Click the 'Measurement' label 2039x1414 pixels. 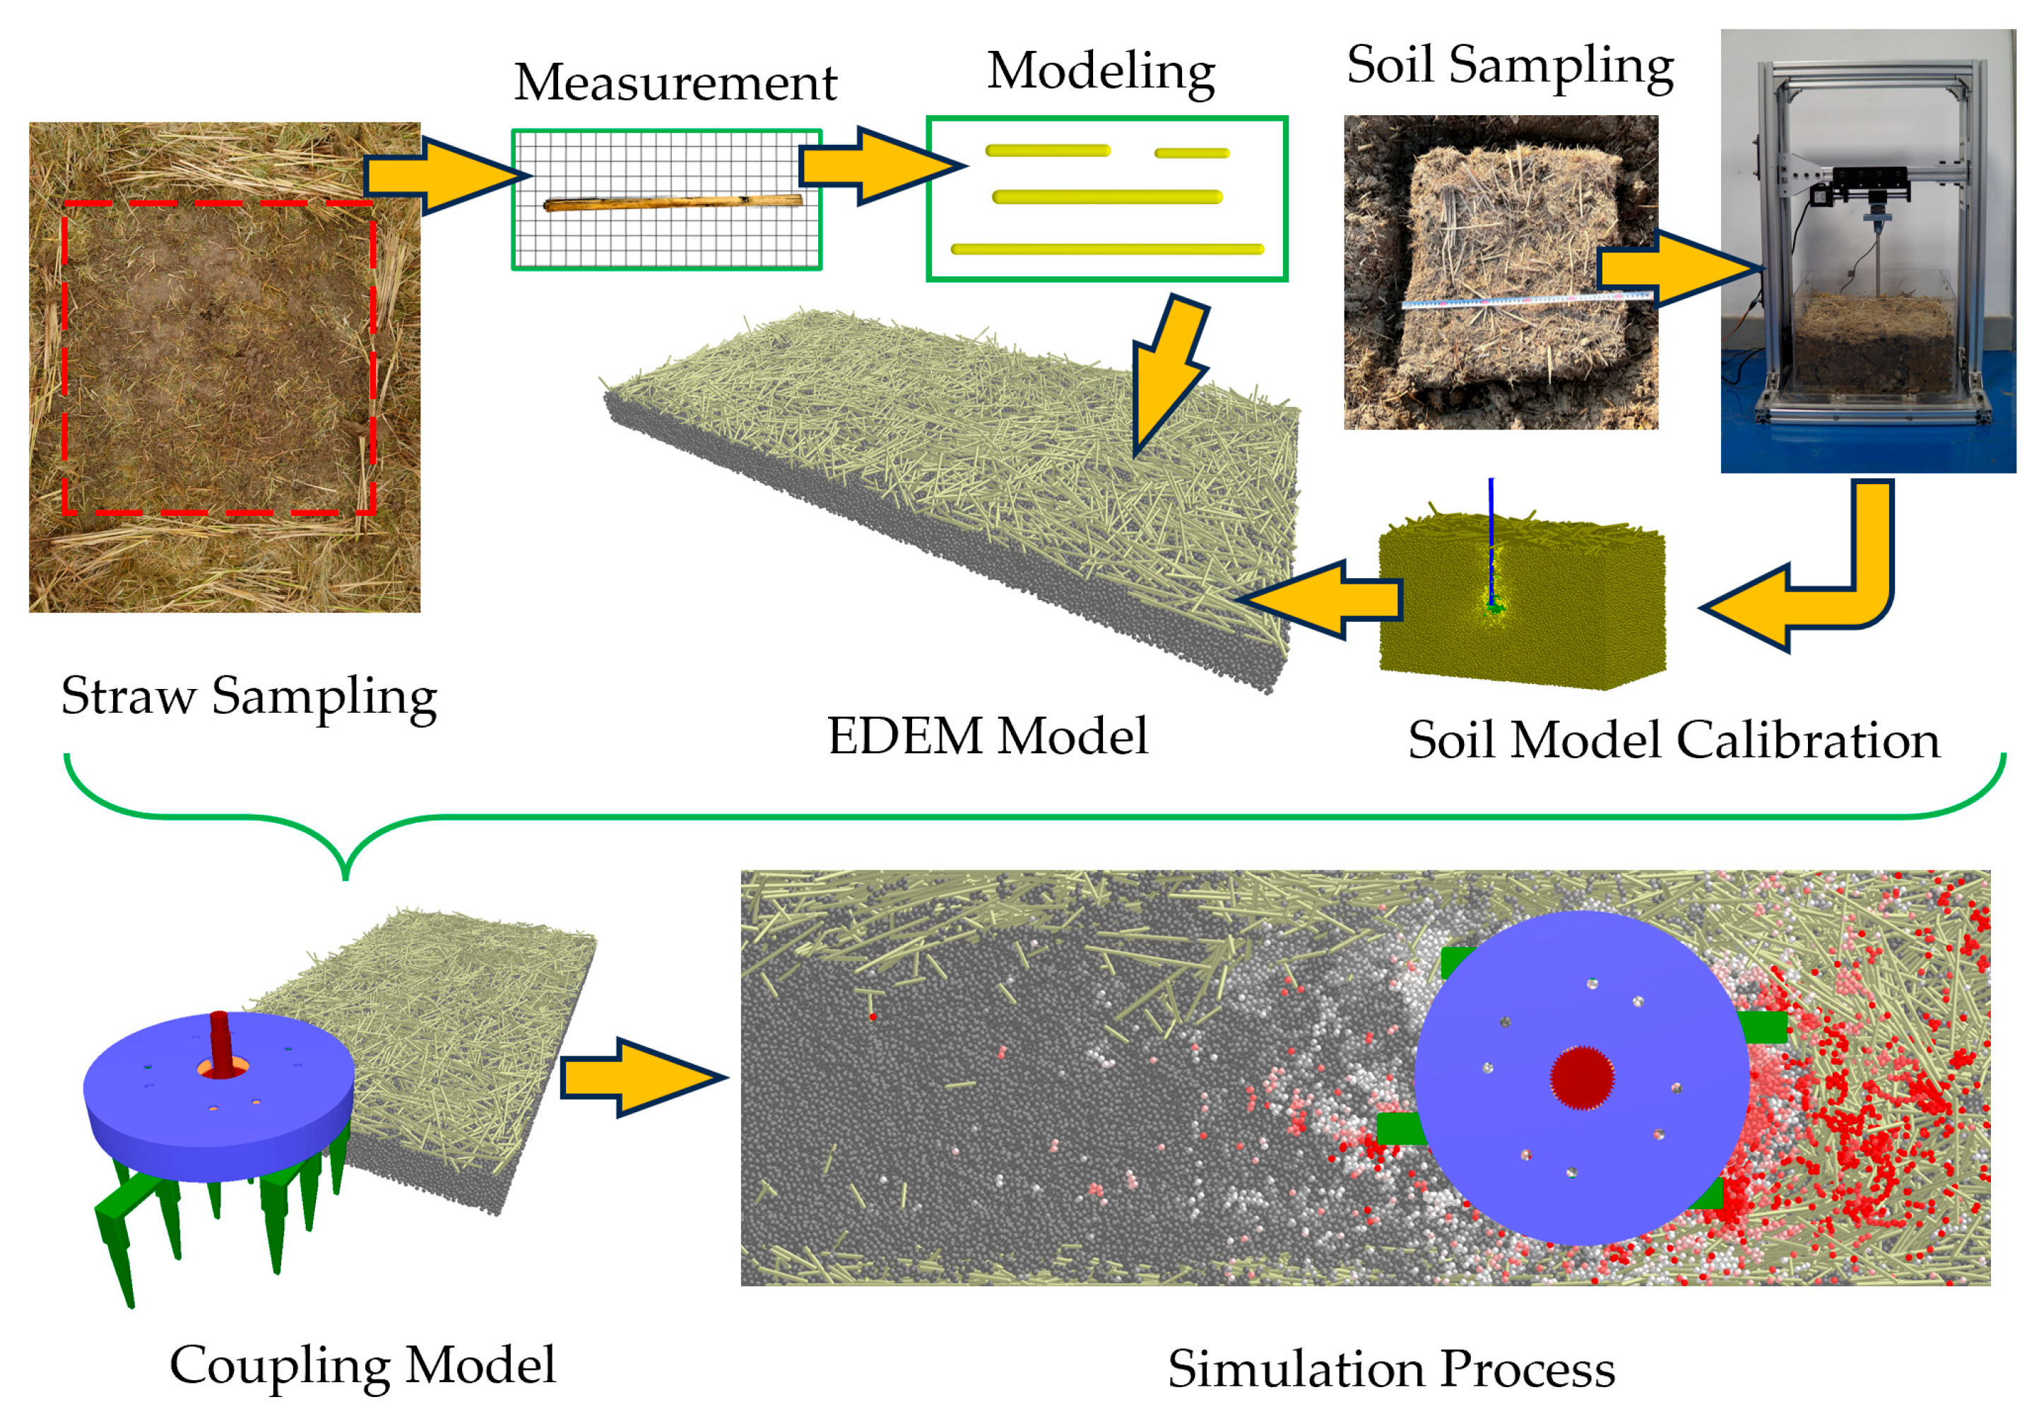tap(675, 83)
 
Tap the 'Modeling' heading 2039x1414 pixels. tap(1100, 71)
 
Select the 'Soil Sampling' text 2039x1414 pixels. tap(1509, 65)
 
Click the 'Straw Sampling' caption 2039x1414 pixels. tap(249, 696)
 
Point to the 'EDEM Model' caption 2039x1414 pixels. tap(987, 736)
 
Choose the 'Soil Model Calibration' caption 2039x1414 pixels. tap(1673, 740)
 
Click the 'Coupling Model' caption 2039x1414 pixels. tap(362, 1365)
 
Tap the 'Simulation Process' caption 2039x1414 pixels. tap(1390, 1369)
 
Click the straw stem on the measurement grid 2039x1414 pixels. tap(673, 203)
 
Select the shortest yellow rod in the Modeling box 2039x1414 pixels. tap(1191, 153)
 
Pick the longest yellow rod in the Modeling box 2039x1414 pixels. tap(1106, 249)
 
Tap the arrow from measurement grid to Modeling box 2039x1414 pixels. tap(877, 165)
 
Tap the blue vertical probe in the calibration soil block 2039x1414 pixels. tap(1491, 541)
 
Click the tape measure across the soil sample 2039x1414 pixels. tap(1523, 300)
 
